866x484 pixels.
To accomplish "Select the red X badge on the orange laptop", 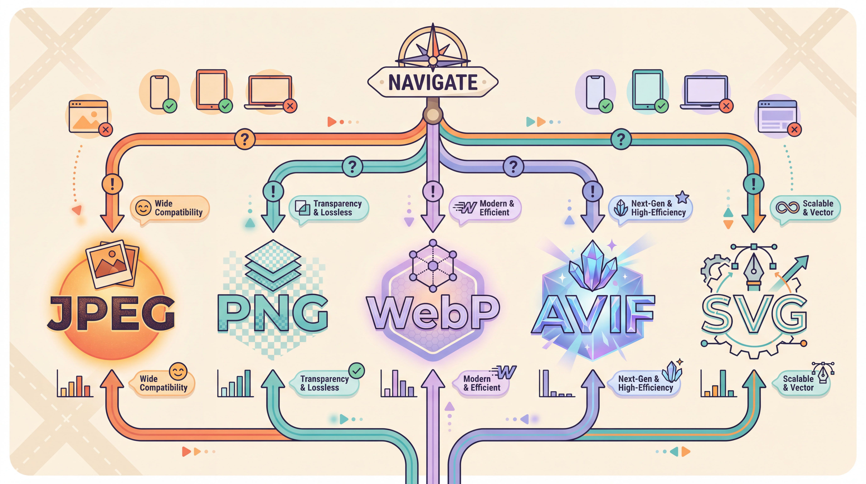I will (290, 106).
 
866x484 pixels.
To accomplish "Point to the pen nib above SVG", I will (754, 269).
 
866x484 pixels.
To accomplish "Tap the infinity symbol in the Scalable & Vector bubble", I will (787, 208).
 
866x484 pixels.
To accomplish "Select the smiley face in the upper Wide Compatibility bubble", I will (143, 208).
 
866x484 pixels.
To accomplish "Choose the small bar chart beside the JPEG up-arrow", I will (75, 384).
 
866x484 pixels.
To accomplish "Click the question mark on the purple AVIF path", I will (513, 166).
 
